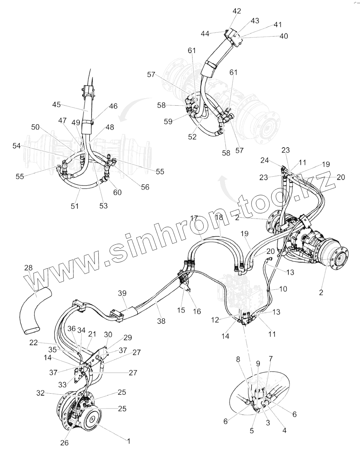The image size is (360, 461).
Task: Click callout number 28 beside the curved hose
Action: point(28,268)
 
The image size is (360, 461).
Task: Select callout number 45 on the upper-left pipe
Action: point(57,105)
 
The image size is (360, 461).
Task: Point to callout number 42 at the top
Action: point(237,11)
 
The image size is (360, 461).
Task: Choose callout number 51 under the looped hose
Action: point(75,206)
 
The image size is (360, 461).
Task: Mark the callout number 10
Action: point(283,289)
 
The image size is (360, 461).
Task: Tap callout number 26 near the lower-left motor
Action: point(64,442)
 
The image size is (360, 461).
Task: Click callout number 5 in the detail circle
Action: point(252,431)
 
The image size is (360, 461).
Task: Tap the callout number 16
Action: point(197,311)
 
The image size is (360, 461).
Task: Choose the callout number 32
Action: point(41,393)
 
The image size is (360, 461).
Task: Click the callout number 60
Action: point(117,192)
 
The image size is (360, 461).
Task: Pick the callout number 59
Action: point(168,121)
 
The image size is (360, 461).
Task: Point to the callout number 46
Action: point(113,106)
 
